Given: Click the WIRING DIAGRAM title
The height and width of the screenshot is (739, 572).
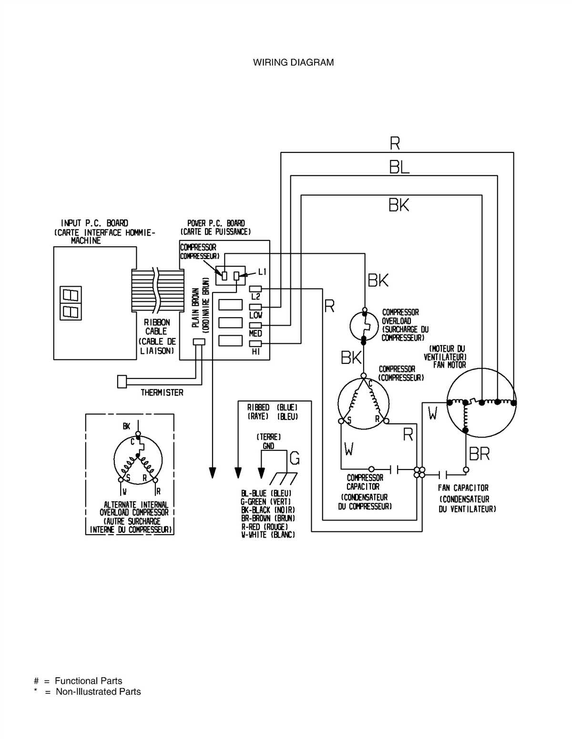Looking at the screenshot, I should [293, 62].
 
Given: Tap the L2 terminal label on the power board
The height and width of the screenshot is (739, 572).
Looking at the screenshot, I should [255, 297].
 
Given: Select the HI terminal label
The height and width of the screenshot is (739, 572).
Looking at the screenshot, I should [255, 352].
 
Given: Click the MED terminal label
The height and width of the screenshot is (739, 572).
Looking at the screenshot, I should [255, 333].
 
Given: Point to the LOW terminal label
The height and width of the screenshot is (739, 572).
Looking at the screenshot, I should [255, 315].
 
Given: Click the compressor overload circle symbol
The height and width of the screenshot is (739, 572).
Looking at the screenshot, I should [364, 326].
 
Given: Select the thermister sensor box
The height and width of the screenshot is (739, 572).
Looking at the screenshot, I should [122, 381].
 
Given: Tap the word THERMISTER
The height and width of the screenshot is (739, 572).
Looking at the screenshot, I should [162, 393].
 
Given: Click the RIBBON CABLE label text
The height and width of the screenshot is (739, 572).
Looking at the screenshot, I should [156, 327].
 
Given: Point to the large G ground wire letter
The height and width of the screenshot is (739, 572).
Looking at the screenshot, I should [295, 458].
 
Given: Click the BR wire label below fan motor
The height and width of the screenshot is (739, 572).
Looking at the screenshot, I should [479, 454].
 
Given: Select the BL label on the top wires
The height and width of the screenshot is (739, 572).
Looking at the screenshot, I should [399, 168].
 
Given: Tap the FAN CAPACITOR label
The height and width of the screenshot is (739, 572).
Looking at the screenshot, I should [463, 488].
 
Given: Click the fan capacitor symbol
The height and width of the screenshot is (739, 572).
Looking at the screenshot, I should [443, 474].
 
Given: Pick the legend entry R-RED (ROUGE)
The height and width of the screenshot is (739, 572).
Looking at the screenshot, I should [265, 527].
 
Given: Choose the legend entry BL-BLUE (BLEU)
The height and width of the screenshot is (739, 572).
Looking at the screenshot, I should [266, 494].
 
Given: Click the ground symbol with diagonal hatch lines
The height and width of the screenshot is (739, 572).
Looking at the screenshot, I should [284, 478].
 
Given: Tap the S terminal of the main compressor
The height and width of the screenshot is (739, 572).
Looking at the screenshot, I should [341, 421].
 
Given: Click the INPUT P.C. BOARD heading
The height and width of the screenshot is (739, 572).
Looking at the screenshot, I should [94, 223].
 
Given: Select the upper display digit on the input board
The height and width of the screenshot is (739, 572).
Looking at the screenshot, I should [71, 295].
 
